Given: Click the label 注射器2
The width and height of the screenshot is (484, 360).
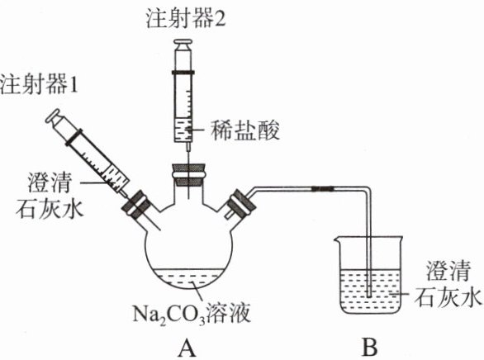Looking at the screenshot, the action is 186,19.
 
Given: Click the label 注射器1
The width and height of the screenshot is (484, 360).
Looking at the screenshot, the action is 38,84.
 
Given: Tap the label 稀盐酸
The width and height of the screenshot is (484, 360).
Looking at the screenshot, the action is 245,130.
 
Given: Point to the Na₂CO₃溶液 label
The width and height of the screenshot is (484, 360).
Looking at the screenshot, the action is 191,314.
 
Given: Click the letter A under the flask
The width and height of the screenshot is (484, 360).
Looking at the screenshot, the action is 187,347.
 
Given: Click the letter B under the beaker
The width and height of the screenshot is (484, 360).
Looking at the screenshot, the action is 369,347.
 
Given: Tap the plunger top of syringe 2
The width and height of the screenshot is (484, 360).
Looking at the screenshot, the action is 183,44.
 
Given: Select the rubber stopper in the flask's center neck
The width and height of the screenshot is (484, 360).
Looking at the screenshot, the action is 188,175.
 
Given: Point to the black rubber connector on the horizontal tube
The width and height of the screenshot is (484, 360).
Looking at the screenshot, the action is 323,188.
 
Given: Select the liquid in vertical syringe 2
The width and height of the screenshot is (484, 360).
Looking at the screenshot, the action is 183,130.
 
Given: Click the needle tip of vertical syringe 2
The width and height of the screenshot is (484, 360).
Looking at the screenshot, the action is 187,197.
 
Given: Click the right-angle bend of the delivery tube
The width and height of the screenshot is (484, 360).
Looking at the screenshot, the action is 368,189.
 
